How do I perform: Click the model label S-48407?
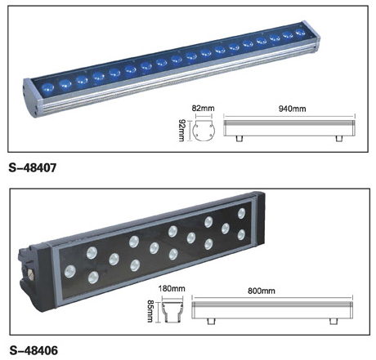pyautogui.click(x=33, y=167)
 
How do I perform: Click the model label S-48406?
pyautogui.click(x=34, y=350)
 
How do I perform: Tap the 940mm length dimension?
pyautogui.click(x=292, y=109)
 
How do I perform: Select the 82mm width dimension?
pyautogui.click(x=203, y=109)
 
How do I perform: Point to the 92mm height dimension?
pyautogui.click(x=181, y=130)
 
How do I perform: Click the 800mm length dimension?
pyautogui.click(x=262, y=291)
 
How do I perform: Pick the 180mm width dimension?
pyautogui.click(x=172, y=288)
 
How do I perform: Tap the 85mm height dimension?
pyautogui.click(x=150, y=311)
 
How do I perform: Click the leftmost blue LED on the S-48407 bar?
pyautogui.click(x=47, y=87)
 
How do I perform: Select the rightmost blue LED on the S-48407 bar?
pyautogui.click(x=301, y=33)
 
